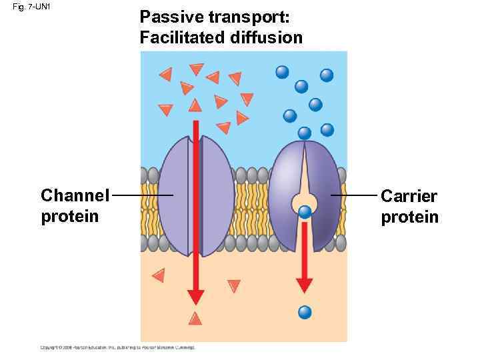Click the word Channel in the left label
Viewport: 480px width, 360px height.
(75, 196)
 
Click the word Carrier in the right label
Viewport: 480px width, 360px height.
(409, 197)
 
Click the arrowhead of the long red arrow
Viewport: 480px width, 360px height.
(195, 297)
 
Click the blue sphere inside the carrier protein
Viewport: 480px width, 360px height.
(305, 213)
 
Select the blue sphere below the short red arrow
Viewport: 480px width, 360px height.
(305, 311)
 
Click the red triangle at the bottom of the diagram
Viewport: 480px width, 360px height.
(195, 318)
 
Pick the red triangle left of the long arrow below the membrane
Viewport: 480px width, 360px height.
(158, 275)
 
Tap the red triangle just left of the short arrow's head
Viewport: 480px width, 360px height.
(233, 286)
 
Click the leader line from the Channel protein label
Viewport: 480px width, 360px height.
(143, 195)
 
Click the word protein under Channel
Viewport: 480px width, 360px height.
(70, 217)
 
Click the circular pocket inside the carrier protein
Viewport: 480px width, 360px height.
(305, 200)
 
